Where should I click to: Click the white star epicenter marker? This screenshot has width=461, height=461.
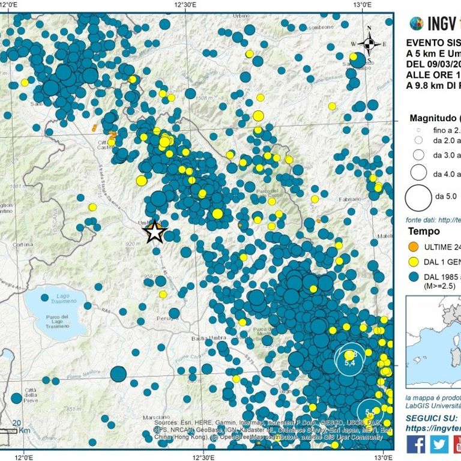(155, 232)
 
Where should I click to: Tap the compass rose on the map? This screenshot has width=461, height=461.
(370, 43)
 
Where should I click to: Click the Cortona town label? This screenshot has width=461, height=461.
(22, 244)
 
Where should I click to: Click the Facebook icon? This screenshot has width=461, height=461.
(415, 444)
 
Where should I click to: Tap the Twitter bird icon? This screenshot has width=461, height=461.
(439, 444)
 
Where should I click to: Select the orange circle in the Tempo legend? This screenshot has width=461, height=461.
(414, 246)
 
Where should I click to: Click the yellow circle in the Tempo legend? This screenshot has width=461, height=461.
(414, 262)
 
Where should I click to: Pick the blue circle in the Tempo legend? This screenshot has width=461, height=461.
(414, 279)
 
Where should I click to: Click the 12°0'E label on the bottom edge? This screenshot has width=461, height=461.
(23, 455)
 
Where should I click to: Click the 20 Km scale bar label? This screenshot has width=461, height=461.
(16, 423)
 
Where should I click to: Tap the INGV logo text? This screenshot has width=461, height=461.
(443, 23)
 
